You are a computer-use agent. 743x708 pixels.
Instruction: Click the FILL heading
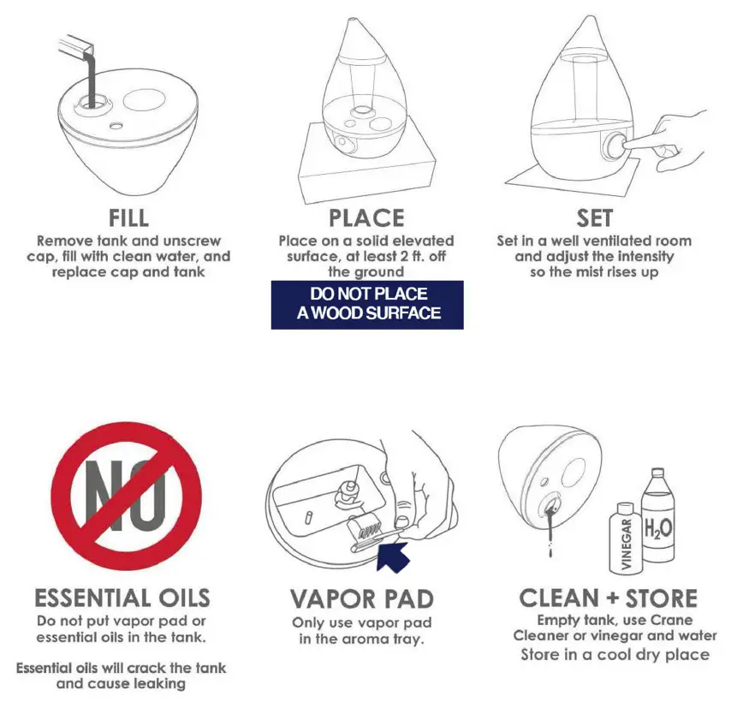(x=129, y=218)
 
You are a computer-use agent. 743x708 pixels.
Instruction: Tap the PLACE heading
(x=366, y=218)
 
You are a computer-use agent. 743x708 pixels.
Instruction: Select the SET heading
(x=594, y=218)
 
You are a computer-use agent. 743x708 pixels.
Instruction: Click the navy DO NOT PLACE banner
(x=367, y=305)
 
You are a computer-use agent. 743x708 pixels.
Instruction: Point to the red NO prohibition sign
(x=127, y=496)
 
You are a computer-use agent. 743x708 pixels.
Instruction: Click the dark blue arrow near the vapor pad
(x=393, y=557)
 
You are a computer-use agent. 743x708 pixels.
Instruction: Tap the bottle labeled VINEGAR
(x=626, y=539)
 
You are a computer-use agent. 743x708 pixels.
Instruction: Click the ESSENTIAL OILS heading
(x=122, y=598)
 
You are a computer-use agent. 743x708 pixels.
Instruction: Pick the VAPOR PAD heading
(x=362, y=599)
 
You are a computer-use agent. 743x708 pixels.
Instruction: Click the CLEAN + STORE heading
(x=609, y=598)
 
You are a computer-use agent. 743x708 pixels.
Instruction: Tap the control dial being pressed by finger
(x=615, y=144)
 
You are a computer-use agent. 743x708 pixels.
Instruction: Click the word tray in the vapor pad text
(x=408, y=640)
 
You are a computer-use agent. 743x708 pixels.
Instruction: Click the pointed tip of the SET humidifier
(x=591, y=17)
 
